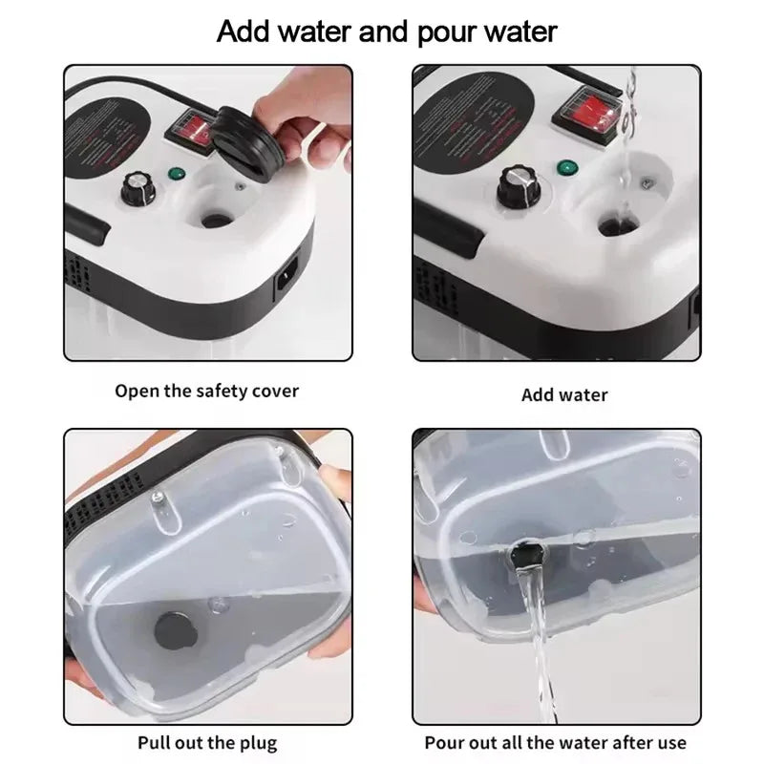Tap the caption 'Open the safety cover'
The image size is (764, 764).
click(206, 391)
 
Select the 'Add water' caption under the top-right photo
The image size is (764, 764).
click(564, 394)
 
